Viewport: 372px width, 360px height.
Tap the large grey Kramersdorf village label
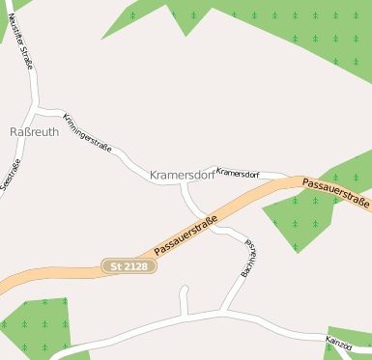click(x=182, y=175)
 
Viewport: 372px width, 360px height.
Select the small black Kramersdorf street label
click(x=238, y=173)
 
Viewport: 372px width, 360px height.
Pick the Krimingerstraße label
click(x=87, y=134)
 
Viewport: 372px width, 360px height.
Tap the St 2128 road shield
click(x=129, y=265)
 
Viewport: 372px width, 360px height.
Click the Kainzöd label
click(x=338, y=343)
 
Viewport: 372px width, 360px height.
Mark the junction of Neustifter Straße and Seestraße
click(x=35, y=104)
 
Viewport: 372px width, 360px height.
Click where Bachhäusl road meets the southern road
click(x=225, y=311)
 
